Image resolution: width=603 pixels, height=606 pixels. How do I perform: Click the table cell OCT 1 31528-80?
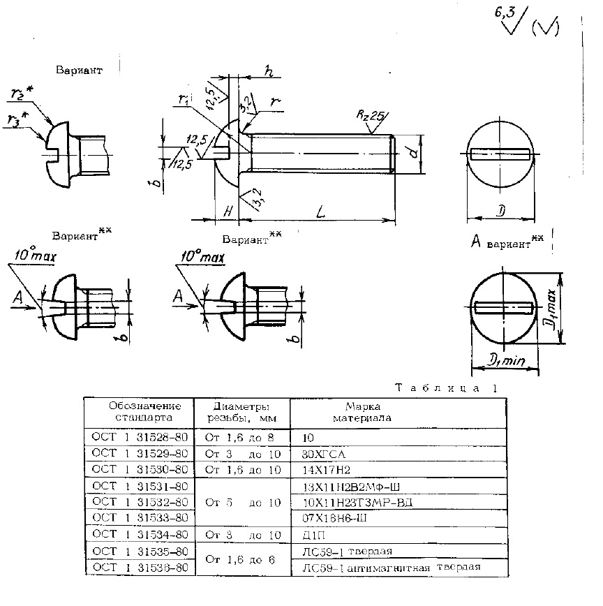pos(140,437)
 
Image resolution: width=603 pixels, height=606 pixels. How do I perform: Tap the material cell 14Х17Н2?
pos(322,469)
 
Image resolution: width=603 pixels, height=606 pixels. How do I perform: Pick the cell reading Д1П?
pos(311,534)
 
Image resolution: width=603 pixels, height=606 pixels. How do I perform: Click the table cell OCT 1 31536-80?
pos(140,568)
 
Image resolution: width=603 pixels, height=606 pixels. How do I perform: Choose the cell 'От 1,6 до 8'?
pos(241,437)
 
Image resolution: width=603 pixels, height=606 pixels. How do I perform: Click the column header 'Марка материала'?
pos(362,412)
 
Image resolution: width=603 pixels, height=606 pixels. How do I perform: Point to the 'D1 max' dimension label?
pos(551,313)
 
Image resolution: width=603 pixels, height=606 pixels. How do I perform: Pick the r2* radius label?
pos(22,94)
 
